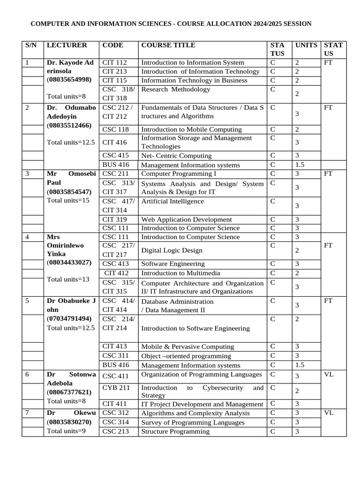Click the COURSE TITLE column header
pyautogui.click(x=168, y=45)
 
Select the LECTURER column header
pyautogui.click(x=67, y=45)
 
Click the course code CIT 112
pyautogui.click(x=114, y=62)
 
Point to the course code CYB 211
pyautogui.click(x=115, y=388)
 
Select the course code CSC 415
pyautogui.click(x=115, y=156)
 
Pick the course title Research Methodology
pyautogui.click(x=176, y=89)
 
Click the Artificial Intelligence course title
pyautogui.click(x=172, y=201)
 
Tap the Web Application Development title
pyautogui.click(x=187, y=219)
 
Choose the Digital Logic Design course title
pyautogui.click(x=172, y=250)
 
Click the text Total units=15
pyautogui.click(x=68, y=201)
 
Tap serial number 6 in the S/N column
pyautogui.click(x=27, y=374)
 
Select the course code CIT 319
pyautogui.click(x=114, y=219)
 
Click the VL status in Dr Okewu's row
pyautogui.click(x=328, y=412)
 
